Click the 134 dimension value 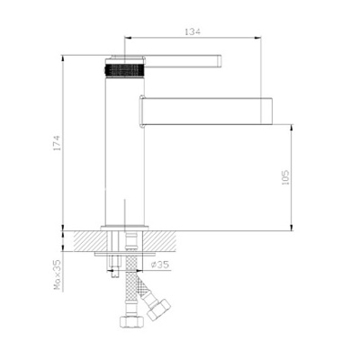tap(193, 31)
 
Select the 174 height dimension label tap(57, 143)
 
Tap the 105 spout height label tap(286, 177)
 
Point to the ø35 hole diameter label tap(160, 265)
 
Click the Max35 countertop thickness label tap(57, 274)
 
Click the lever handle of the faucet tap(184, 61)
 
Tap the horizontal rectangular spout tap(206, 111)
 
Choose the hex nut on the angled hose tap(159, 309)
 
